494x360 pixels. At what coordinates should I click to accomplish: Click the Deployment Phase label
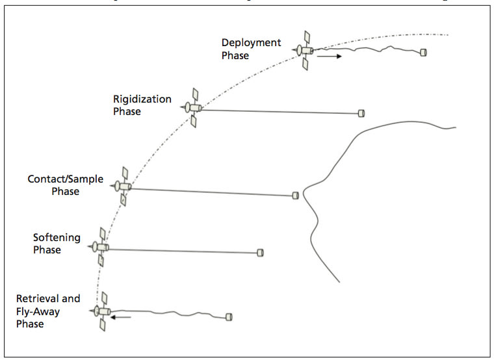(x=251, y=49)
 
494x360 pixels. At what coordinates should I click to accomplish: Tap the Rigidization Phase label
(x=142, y=105)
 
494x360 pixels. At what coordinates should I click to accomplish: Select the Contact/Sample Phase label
(x=65, y=185)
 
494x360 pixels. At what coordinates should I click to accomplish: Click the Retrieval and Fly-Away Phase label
(x=48, y=311)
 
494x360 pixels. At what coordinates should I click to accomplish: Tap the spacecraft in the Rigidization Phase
(x=193, y=108)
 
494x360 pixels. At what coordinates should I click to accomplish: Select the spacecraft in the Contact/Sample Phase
(x=123, y=186)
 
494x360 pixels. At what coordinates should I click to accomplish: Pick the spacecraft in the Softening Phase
(x=100, y=246)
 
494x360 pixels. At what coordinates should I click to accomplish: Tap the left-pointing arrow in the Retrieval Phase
(x=120, y=318)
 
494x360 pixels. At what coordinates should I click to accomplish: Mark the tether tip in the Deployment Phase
(x=423, y=52)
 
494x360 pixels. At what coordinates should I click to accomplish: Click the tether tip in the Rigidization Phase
(x=361, y=113)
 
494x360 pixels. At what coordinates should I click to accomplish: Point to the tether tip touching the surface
(x=295, y=194)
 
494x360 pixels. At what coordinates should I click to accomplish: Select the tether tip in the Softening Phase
(x=260, y=252)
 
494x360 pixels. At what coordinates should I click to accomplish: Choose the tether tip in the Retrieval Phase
(x=229, y=316)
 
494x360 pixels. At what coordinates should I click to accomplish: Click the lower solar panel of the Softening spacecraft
(x=101, y=260)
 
